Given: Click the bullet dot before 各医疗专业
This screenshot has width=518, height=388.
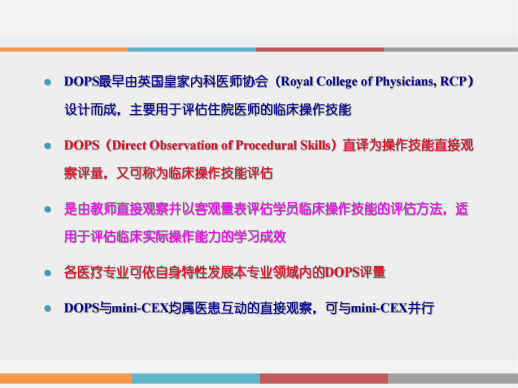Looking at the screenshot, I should click(x=48, y=273).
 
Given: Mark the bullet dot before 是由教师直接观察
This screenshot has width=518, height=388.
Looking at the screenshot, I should click(x=48, y=210).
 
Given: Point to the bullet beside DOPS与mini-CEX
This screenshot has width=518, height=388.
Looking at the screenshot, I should click(x=48, y=309).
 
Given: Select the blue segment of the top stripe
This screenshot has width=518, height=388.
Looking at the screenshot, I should click(x=191, y=49).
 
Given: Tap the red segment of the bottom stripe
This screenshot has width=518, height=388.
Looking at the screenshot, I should click(x=324, y=378).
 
